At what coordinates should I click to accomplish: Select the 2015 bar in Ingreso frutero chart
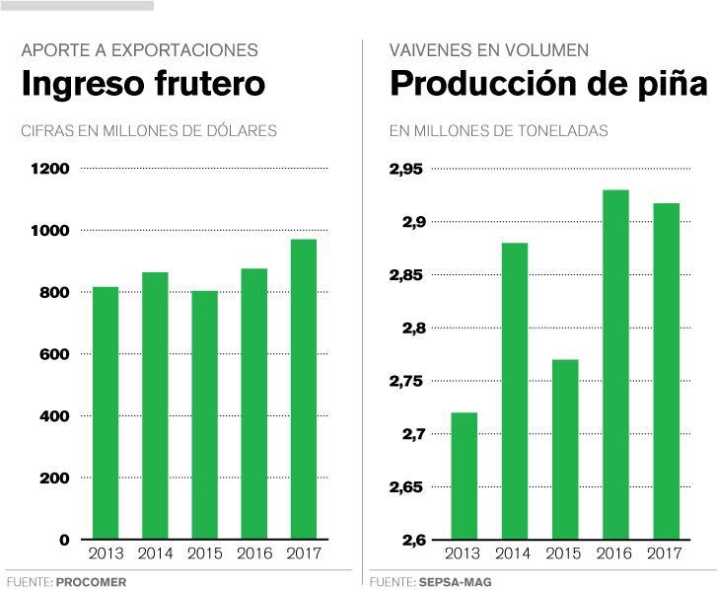tap(204, 415)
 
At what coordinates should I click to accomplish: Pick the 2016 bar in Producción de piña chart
tap(615, 365)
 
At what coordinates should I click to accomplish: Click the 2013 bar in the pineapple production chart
tap(464, 476)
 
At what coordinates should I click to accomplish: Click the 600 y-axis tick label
tap(53, 354)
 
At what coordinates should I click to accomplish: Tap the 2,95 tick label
tap(405, 169)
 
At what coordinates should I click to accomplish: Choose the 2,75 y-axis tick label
tap(405, 381)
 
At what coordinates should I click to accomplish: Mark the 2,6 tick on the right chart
tap(410, 540)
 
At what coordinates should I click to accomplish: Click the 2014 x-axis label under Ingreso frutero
tap(155, 553)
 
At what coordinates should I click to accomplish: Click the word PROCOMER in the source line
tap(91, 582)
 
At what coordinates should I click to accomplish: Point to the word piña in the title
tap(671, 85)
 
